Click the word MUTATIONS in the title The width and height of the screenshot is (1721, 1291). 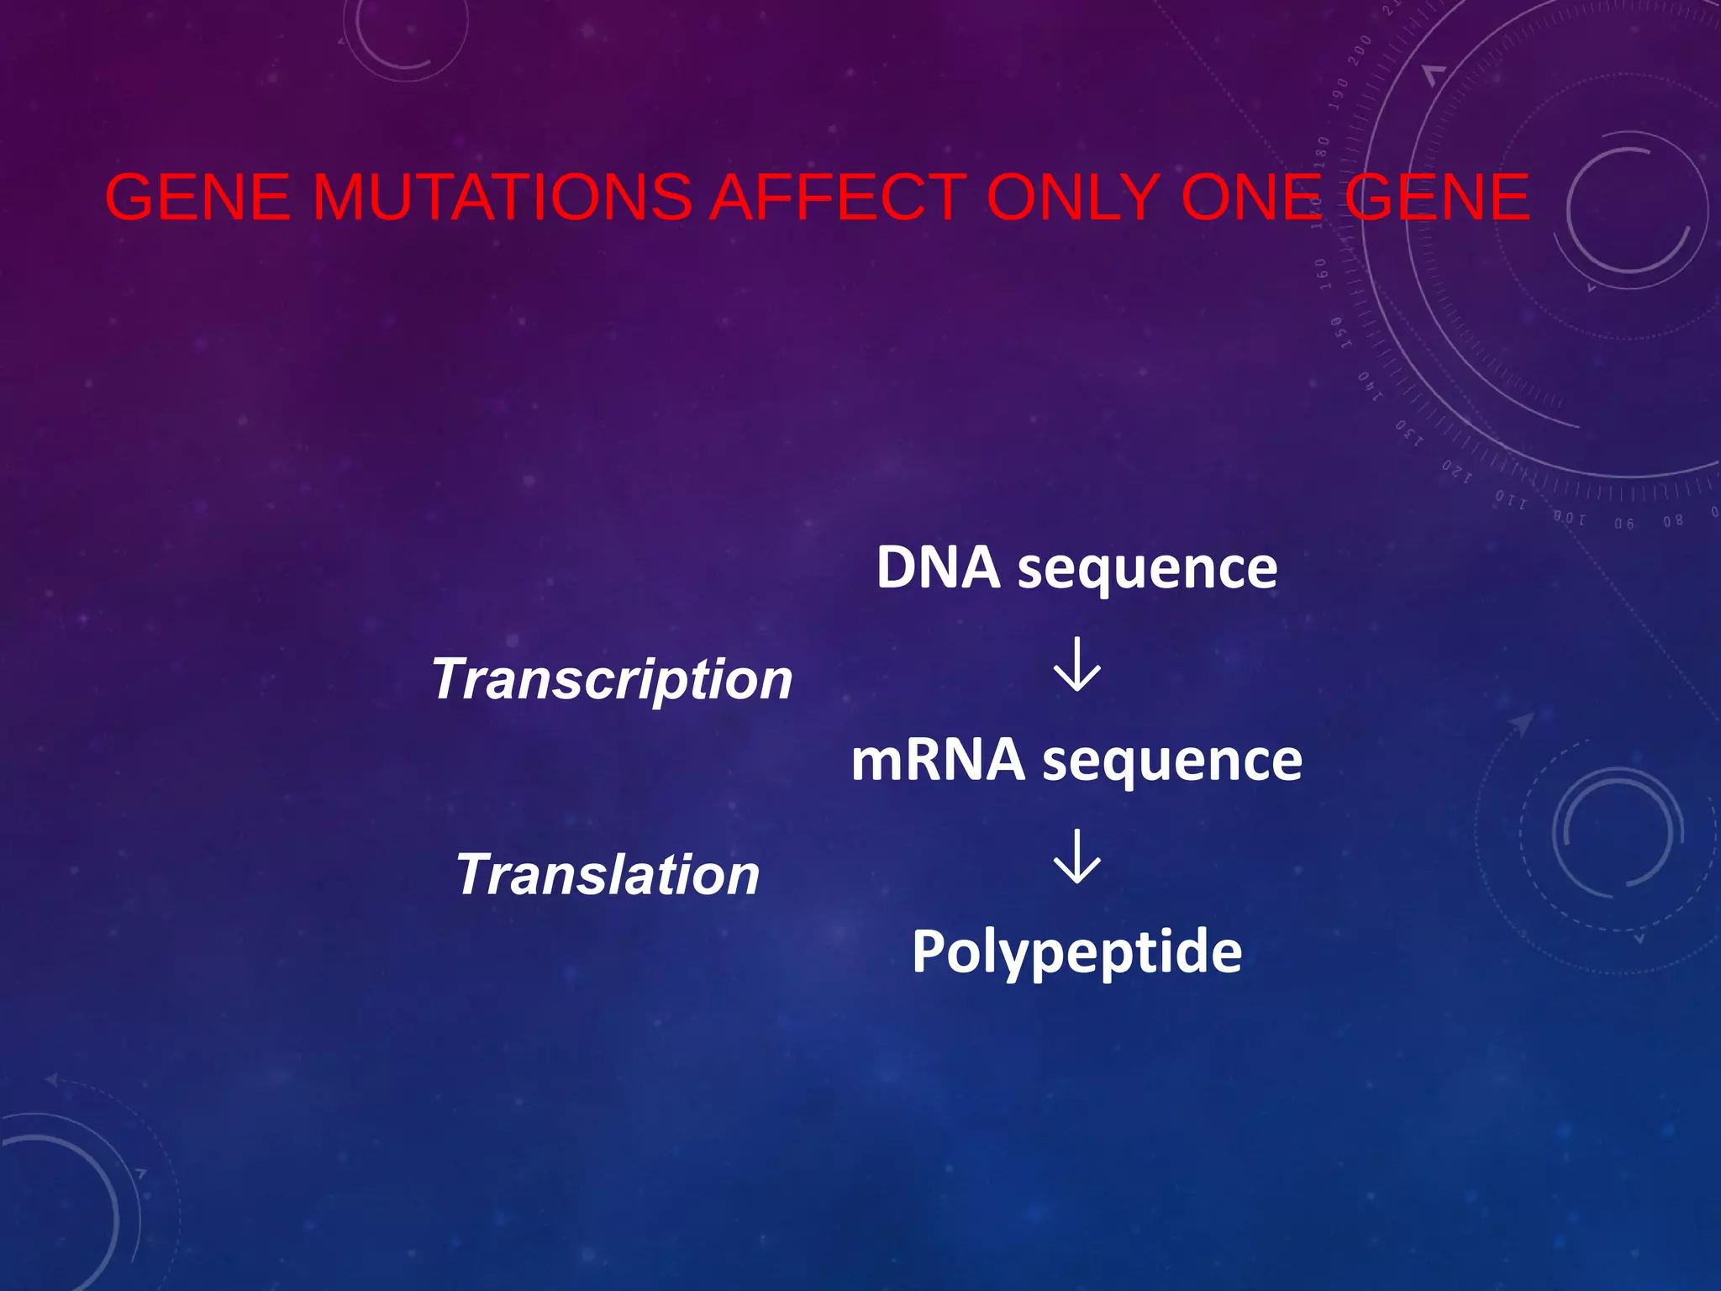point(502,198)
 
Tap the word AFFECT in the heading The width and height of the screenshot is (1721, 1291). point(838,198)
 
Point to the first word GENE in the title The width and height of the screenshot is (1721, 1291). point(197,198)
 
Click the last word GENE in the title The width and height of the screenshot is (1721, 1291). point(1438,198)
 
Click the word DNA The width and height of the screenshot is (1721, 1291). point(938,568)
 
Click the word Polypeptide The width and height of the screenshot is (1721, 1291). point(1076,953)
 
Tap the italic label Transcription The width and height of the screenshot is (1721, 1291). point(612,680)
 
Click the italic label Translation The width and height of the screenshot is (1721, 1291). point(608,875)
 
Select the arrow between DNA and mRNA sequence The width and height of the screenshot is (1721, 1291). point(1076,665)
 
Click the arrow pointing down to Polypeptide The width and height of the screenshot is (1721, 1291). point(1076,856)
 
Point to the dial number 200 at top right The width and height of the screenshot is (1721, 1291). point(1360,50)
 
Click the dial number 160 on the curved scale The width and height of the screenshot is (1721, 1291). point(1322,274)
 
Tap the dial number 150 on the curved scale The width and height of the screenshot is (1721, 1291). point(1337,333)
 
